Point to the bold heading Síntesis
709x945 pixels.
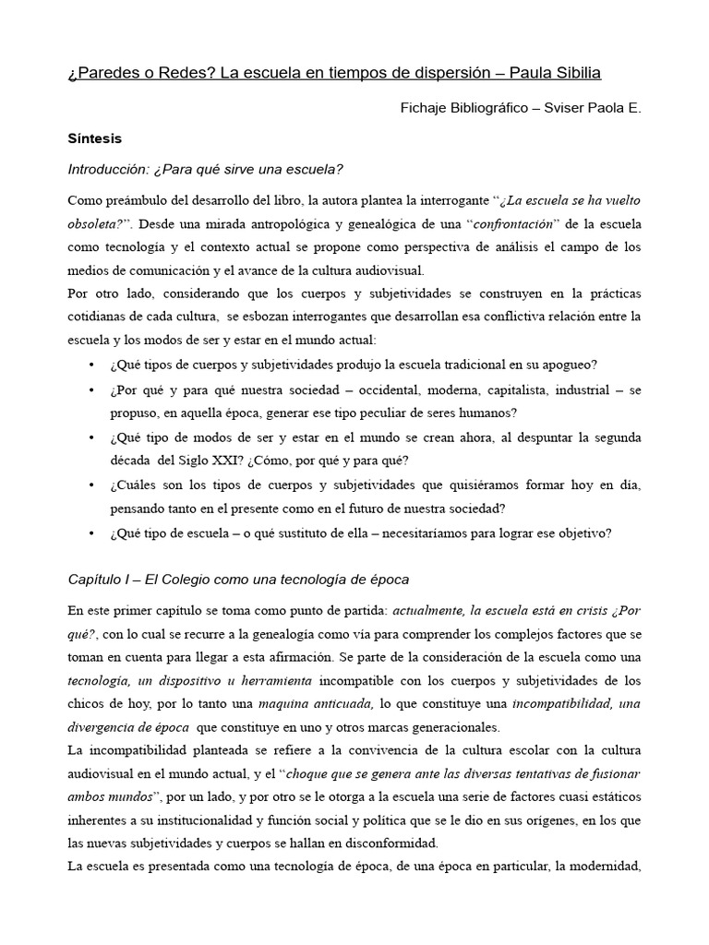pos(95,138)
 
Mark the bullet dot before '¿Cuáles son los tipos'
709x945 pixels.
pos(90,484)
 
